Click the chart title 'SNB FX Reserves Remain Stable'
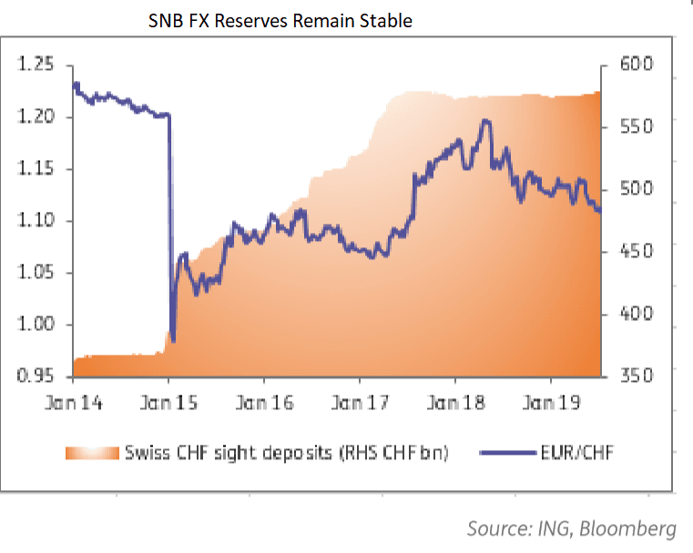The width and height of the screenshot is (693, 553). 280,20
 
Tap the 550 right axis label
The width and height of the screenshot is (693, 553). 636,127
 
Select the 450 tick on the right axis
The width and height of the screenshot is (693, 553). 636,252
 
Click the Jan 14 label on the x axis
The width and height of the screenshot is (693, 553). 75,403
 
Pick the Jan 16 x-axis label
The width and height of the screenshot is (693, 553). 265,403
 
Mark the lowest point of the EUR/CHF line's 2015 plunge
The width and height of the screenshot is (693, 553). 173,340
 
